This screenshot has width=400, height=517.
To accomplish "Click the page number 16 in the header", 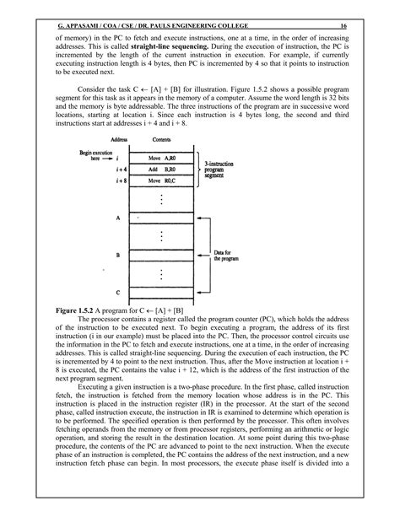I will [355, 26].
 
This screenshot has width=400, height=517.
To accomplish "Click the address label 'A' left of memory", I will [119, 217].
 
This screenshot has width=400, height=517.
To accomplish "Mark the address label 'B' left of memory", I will [119, 253].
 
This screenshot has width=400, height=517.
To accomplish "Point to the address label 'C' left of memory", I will [119, 292].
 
